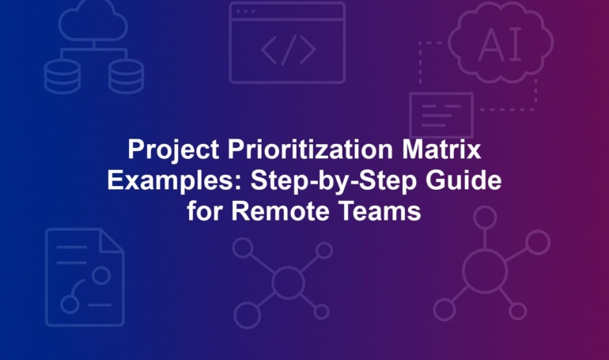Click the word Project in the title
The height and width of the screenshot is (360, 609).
(x=173, y=150)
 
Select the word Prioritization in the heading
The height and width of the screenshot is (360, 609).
(x=310, y=149)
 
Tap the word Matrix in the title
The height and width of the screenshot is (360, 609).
(x=441, y=149)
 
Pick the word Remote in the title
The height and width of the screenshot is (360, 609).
(x=281, y=211)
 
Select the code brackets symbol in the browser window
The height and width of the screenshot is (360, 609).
(x=288, y=50)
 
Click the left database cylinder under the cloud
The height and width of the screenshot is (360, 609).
(x=62, y=77)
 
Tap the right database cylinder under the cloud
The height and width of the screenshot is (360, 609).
(x=126, y=77)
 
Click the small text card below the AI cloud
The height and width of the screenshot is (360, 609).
(x=441, y=116)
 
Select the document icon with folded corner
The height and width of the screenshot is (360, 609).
(x=85, y=277)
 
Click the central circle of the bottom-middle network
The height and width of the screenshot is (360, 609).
(x=288, y=282)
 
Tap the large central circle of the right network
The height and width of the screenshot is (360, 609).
(x=485, y=271)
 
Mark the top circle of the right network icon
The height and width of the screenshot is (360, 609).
(x=485, y=217)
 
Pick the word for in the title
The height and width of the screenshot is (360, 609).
(x=205, y=211)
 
